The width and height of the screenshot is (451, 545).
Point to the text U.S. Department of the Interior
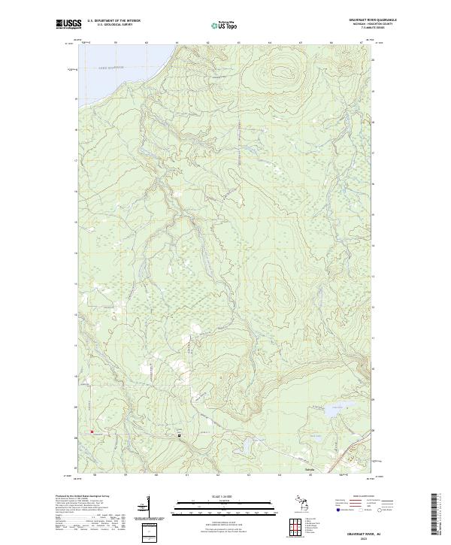(x=114, y=20)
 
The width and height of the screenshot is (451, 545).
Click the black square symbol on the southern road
(x=179, y=434)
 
